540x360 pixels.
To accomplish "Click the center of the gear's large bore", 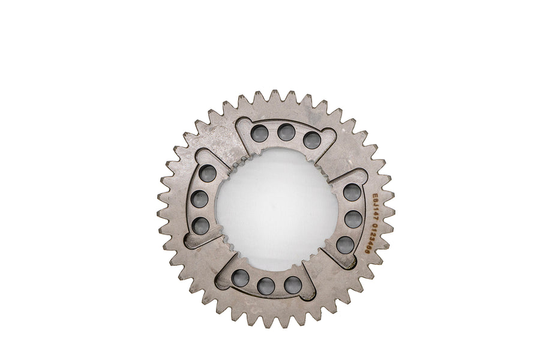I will (277, 209).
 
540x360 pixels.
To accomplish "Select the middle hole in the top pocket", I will (286, 132).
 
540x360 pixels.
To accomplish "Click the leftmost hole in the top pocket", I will (260, 133).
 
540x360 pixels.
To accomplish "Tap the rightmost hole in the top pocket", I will (312, 140).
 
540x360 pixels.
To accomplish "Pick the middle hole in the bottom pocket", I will (266, 286).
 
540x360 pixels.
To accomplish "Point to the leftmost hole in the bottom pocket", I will (240, 278).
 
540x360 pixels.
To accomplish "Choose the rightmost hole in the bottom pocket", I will (292, 284).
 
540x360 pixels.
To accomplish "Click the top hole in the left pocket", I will (208, 173).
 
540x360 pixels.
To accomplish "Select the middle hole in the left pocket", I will (200, 199).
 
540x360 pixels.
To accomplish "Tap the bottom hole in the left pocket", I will (201, 226).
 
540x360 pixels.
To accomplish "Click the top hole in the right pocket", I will (352, 193).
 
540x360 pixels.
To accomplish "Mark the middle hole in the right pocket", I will (353, 219).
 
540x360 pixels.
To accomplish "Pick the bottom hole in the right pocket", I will (345, 244).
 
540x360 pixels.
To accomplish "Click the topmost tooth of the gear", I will (275, 96).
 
